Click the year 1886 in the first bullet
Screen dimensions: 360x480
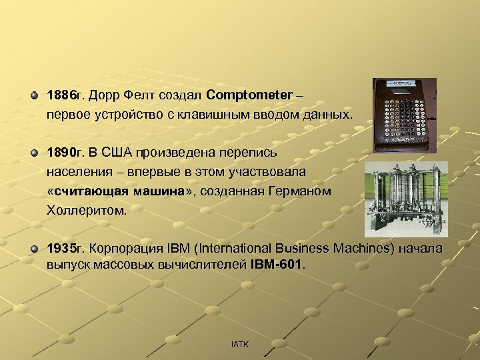pyautogui.click(x=60, y=96)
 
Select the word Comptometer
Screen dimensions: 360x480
pyautogui.click(x=249, y=96)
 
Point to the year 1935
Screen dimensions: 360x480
pyautogui.click(x=60, y=249)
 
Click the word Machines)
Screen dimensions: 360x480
pyautogui.click(x=356, y=249)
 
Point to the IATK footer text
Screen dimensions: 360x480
pyautogui.click(x=240, y=344)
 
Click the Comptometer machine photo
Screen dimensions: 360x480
pyautogui.click(x=404, y=111)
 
